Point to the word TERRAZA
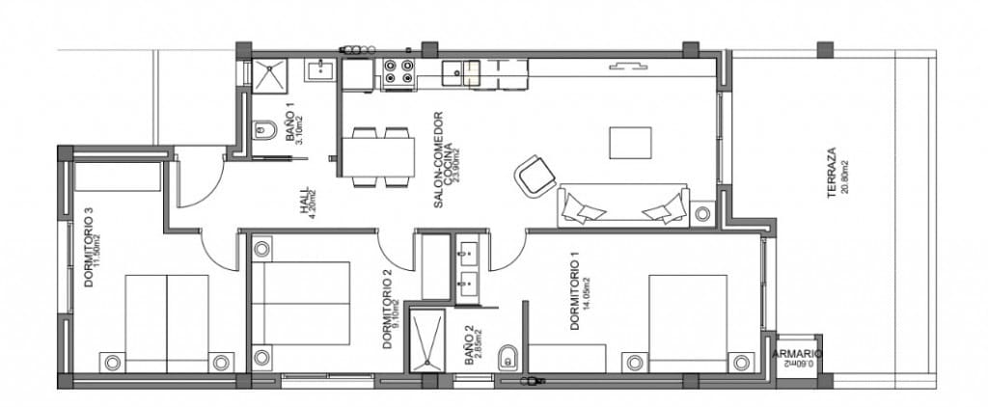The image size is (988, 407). (831, 174)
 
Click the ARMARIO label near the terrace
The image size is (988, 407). (797, 354)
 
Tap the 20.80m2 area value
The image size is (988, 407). (845, 175)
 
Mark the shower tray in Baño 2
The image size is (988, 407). (425, 338)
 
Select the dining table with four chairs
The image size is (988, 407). (377, 155)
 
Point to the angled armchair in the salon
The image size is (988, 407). (534, 176)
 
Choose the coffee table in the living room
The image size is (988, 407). (631, 143)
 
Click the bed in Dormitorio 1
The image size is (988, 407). (688, 317)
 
